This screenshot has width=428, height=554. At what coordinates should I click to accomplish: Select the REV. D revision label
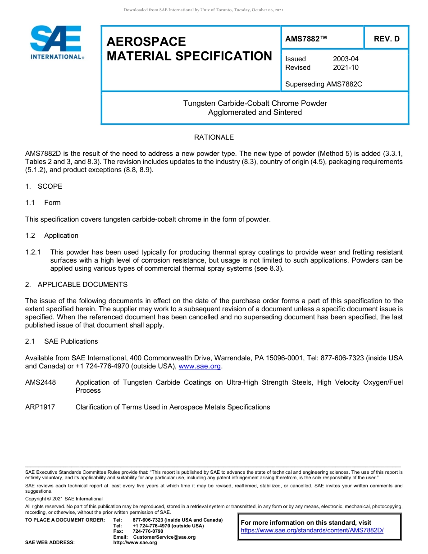point(387,39)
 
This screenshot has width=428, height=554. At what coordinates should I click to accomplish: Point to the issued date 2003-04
point(346,59)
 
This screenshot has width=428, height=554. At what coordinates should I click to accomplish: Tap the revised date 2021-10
point(346,68)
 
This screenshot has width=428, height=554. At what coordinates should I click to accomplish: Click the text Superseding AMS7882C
point(323,84)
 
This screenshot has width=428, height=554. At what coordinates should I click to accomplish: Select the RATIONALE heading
point(214,137)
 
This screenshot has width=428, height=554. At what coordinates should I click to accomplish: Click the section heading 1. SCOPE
point(44,186)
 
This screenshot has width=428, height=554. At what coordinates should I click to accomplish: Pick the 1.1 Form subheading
point(43,203)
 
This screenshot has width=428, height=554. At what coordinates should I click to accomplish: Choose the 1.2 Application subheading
point(52,236)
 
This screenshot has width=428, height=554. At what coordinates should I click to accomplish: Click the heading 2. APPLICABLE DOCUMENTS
point(76,285)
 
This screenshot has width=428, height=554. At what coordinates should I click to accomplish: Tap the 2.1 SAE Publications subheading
point(61,341)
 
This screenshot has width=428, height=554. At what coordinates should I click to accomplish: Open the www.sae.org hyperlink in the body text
point(200,367)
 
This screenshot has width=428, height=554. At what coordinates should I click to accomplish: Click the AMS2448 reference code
point(41,382)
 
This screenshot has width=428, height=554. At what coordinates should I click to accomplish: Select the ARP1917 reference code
point(40,407)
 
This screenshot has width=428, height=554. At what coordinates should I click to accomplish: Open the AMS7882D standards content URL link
point(312,531)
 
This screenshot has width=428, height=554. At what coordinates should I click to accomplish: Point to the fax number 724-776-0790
point(148,531)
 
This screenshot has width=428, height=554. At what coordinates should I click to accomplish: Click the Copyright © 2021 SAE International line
point(64,499)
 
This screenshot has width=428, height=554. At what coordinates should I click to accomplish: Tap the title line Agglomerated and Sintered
point(255,113)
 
